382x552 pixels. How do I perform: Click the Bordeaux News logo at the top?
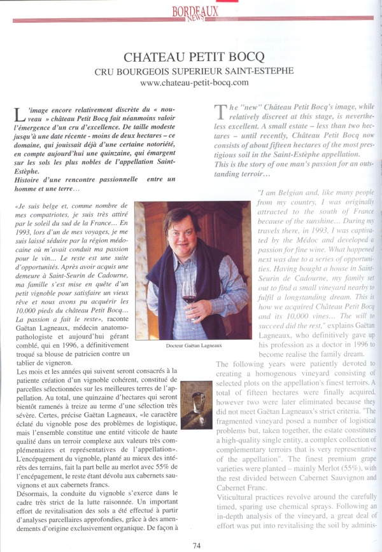(195, 12)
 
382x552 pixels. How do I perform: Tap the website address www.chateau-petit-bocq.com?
(194, 82)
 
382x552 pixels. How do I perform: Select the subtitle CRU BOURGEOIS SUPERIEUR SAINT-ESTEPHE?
(194, 70)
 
